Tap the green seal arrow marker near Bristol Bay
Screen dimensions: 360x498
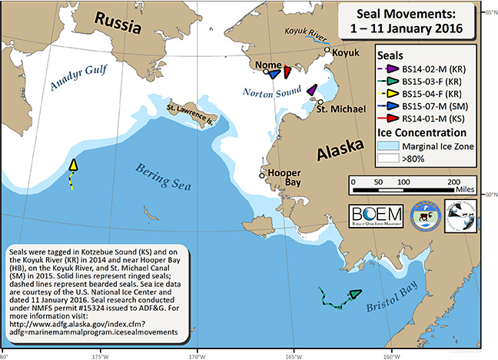tap(354, 294)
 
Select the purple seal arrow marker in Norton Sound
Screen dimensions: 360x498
tap(311, 91)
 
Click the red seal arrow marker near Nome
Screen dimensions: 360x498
tap(286, 72)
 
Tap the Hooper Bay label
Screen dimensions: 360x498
tap(280, 176)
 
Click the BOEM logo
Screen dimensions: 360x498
tap(376, 213)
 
